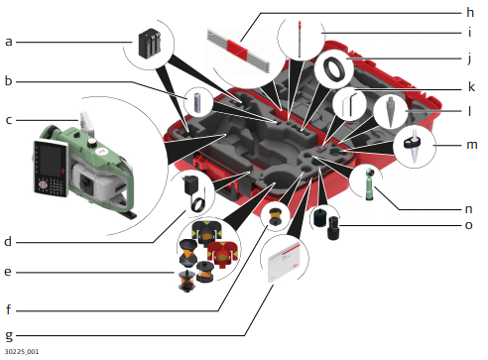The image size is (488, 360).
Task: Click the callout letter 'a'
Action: tap(9, 42)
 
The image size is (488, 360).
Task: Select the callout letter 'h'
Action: tap(470, 12)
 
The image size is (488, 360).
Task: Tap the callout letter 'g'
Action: tap(9, 336)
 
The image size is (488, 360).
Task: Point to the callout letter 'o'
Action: tap(468, 225)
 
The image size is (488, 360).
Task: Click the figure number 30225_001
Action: tap(22, 351)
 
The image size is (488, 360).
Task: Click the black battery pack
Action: tap(150, 44)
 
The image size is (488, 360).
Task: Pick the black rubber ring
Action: tap(335, 68)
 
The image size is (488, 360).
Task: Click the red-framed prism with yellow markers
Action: tap(222, 254)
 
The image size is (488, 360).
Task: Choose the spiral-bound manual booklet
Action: tap(284, 262)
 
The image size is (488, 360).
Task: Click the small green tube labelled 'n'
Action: tap(370, 183)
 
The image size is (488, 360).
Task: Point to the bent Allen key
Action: tap(350, 105)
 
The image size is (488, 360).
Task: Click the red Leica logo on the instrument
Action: tap(101, 152)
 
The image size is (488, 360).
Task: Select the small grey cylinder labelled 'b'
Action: tap(197, 103)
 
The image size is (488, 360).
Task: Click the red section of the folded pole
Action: tap(237, 51)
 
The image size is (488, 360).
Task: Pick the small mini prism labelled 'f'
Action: tap(275, 216)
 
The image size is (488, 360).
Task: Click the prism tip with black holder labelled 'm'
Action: tap(414, 146)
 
